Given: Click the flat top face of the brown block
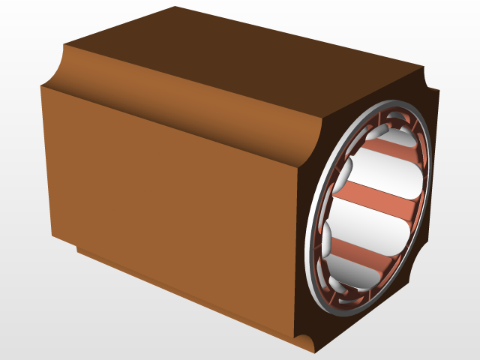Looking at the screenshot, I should [247, 52].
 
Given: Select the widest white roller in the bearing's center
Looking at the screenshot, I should [371, 225].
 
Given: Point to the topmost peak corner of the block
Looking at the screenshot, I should [175, 7].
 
